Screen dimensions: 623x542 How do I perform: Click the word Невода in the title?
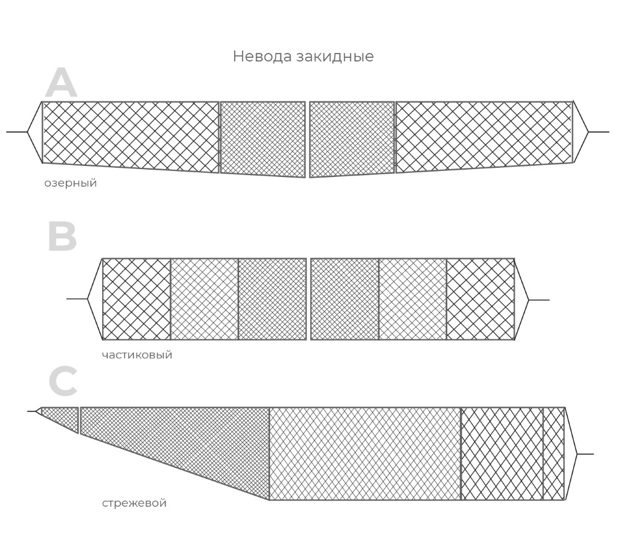262,56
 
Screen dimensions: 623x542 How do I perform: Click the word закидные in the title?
335,57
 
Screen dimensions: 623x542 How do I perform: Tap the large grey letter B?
62,237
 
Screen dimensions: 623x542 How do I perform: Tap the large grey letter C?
63,381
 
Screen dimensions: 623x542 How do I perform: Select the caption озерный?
71,183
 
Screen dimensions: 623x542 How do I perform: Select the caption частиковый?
137,355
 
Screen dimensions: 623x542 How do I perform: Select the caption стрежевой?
134,502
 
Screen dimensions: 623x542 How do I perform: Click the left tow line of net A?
16,131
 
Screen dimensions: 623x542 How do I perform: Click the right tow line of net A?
599,131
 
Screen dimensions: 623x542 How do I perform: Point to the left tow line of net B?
77,299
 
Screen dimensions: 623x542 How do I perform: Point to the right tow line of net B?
539,300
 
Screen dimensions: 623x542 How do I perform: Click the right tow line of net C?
585,453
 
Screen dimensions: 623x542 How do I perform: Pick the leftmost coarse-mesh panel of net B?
137,299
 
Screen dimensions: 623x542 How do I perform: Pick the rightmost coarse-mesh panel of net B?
481,299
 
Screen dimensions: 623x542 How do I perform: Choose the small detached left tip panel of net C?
60,417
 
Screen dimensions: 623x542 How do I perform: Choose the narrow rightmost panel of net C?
554,453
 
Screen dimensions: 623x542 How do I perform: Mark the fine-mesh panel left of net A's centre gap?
263,139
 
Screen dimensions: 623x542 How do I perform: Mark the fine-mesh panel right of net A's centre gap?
352,139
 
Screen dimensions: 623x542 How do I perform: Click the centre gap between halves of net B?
308,299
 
